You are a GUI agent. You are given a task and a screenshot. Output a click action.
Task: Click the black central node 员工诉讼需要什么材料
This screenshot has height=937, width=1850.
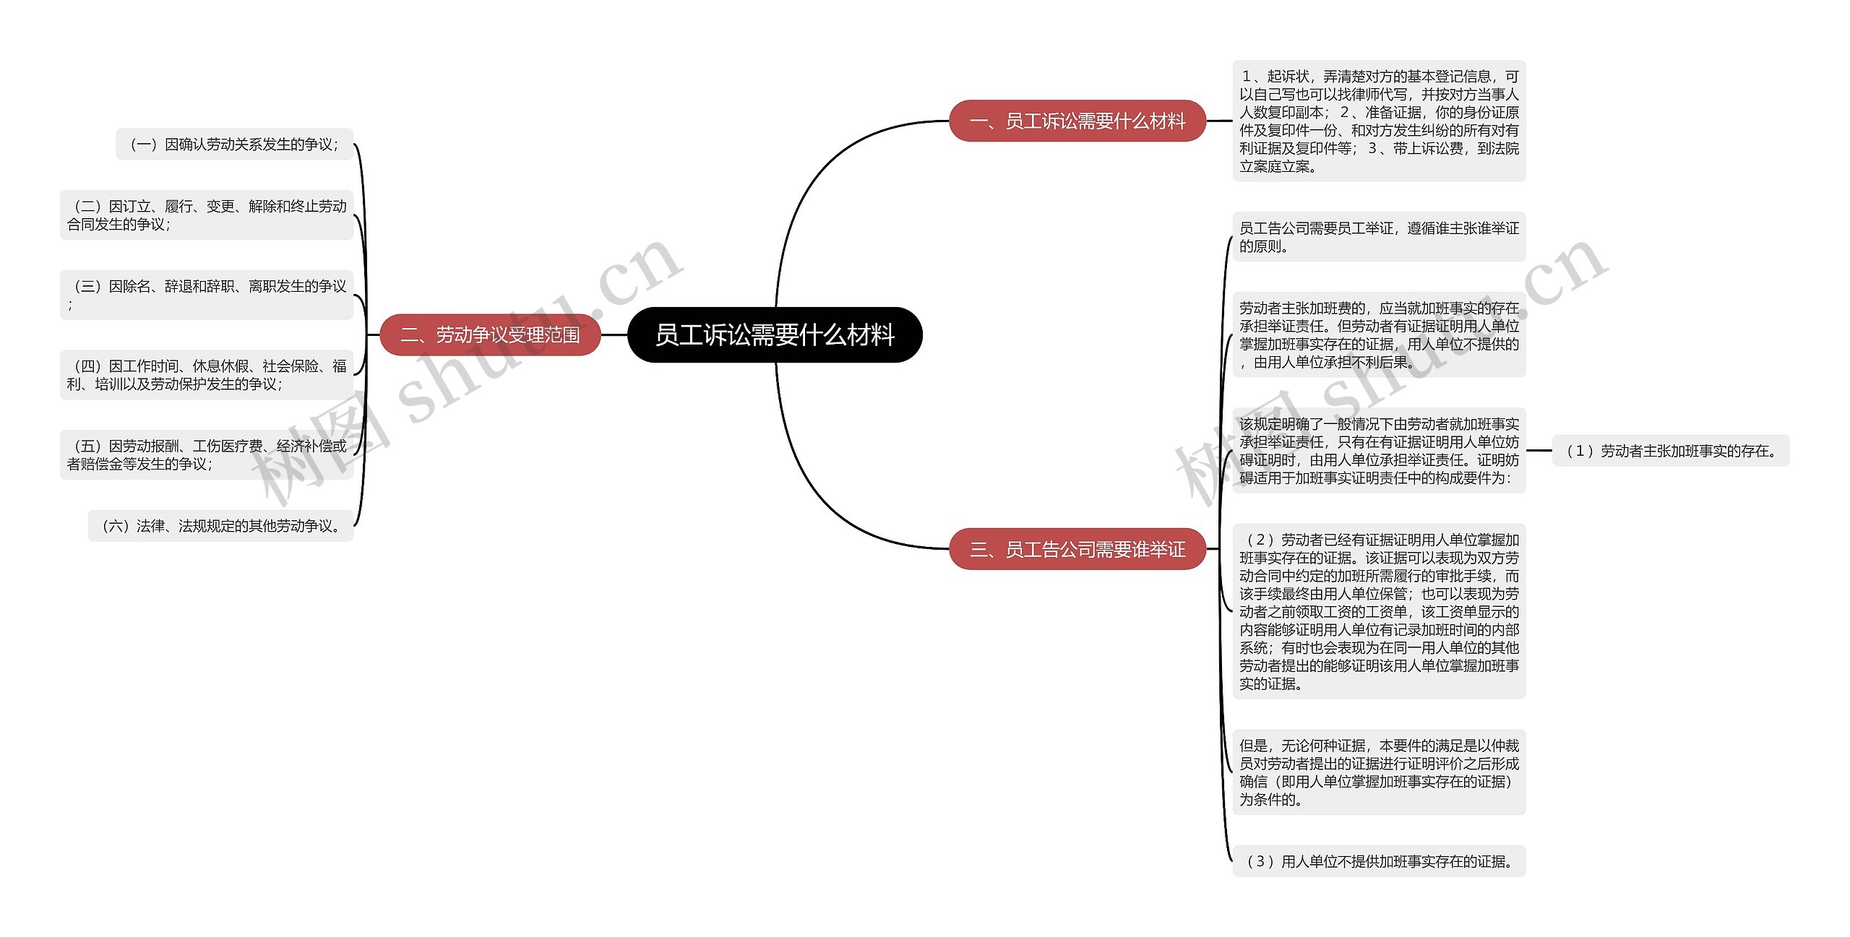coord(775,334)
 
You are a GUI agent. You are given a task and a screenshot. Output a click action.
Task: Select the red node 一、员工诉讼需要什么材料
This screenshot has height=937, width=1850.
coord(1077,121)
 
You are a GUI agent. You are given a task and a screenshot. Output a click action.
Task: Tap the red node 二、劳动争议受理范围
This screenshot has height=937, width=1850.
coord(490,334)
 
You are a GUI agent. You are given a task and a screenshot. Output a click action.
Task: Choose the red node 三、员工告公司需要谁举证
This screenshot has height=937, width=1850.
coord(1077,549)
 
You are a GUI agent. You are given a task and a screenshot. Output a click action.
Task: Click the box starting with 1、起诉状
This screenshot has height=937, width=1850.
coord(1379,121)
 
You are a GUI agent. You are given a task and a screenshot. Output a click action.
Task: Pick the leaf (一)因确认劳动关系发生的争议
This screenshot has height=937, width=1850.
coord(234,144)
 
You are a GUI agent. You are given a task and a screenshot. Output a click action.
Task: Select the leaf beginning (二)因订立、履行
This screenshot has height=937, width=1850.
coord(207,215)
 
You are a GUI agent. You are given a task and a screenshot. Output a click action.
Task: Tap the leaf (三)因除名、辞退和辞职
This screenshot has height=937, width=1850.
coord(207,295)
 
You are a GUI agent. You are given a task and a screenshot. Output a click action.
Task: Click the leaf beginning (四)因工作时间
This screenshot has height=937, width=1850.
coord(207,375)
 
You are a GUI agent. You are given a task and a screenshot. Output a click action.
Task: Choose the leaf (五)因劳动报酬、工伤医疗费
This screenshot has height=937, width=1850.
coord(207,454)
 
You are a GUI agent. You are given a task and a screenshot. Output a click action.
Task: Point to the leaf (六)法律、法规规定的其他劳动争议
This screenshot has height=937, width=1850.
coord(220,526)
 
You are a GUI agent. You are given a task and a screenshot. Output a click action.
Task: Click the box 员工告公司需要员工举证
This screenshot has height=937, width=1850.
coord(1379,237)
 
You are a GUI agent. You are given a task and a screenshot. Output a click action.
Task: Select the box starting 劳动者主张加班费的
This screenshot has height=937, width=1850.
coord(1379,335)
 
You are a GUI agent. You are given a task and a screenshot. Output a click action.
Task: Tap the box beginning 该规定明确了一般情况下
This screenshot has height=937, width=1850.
coord(1379,451)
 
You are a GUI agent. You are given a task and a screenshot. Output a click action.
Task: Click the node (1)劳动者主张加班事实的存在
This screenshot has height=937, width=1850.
coord(1671,451)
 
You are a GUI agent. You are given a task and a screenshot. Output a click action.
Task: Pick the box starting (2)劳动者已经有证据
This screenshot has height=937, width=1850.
coord(1379,611)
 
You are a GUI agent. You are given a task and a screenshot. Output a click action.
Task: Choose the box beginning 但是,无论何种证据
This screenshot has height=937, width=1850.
coord(1379,772)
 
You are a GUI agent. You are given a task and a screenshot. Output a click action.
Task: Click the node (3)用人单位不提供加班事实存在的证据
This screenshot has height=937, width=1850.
coord(1379,861)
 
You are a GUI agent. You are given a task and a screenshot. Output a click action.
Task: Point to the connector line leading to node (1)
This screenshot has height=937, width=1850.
coord(1539,451)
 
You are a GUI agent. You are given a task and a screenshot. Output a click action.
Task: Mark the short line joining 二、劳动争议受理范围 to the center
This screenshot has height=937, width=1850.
coord(614,334)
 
